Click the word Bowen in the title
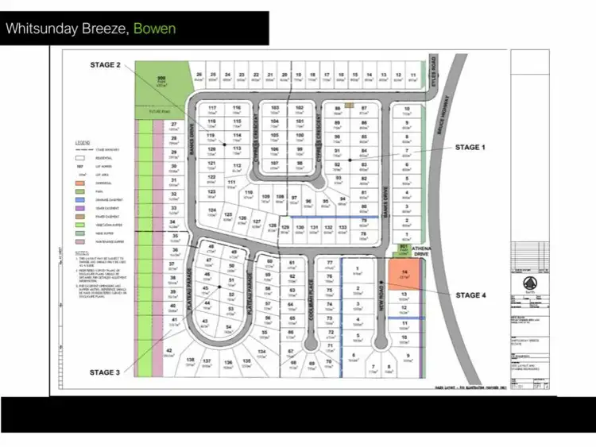tap(154, 29)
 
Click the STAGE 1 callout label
tap(468, 147)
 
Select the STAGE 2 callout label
tap(106, 65)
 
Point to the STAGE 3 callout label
tap(105, 372)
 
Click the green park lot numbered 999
tap(161, 79)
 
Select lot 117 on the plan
tap(212, 110)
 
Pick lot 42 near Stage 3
tap(169, 351)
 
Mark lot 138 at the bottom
tap(190, 362)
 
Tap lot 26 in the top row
tap(199, 76)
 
